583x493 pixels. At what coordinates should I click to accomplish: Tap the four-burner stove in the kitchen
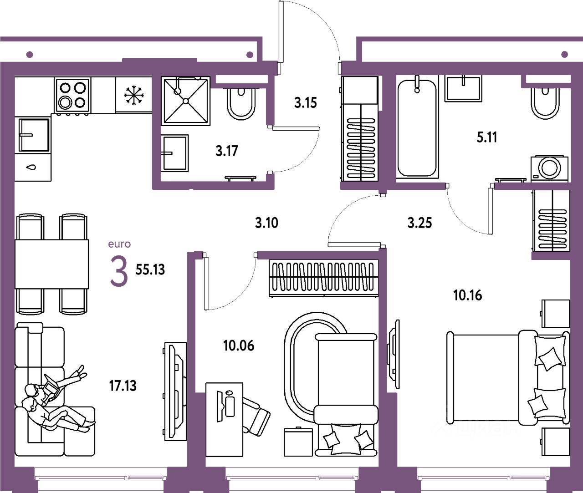pyautogui.click(x=72, y=94)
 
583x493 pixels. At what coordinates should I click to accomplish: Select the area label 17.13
pyautogui.click(x=123, y=386)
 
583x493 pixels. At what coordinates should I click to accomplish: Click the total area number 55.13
pyautogui.click(x=150, y=269)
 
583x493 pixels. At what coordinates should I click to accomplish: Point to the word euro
pyautogui.click(x=119, y=244)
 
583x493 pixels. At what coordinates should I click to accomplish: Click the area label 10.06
pyautogui.click(x=239, y=346)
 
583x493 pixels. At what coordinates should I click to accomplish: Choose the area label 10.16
pyautogui.click(x=467, y=295)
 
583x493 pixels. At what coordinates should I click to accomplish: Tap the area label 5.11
pyautogui.click(x=487, y=137)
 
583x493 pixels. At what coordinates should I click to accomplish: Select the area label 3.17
pyautogui.click(x=227, y=151)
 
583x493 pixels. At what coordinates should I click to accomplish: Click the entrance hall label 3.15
pyautogui.click(x=305, y=103)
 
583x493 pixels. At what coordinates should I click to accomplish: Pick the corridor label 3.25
pyautogui.click(x=419, y=223)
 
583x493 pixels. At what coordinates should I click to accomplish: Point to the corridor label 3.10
pyautogui.click(x=266, y=223)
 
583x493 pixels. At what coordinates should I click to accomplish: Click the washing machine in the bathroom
pyautogui.click(x=549, y=168)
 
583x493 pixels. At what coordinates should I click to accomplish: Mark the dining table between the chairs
pyautogui.click(x=51, y=264)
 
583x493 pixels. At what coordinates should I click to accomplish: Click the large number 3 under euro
pyautogui.click(x=119, y=272)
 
